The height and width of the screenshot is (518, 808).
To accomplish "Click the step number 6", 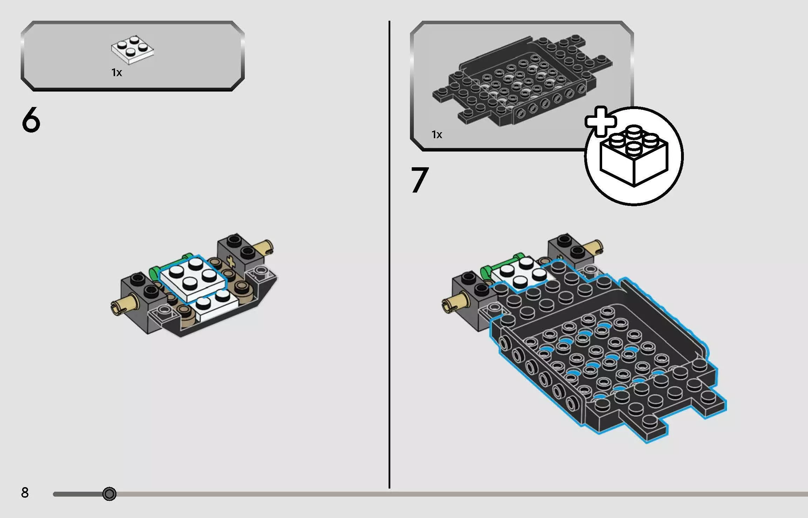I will (31, 120).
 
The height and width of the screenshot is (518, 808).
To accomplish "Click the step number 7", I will (420, 180).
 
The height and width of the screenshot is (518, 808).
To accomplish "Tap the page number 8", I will (25, 493).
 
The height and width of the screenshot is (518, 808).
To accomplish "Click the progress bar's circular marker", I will (109, 494).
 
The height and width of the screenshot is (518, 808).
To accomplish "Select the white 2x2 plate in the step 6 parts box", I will (133, 50).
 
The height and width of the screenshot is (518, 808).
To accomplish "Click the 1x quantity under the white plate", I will (116, 73).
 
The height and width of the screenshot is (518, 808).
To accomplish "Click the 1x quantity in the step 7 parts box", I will (437, 135).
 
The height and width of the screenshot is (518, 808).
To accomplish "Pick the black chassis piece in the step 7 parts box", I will (523, 81).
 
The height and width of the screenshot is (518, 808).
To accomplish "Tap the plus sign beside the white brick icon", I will (600, 121).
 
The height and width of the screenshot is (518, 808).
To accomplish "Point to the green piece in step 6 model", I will (154, 271).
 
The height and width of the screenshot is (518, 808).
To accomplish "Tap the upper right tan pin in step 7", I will (593, 247).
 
